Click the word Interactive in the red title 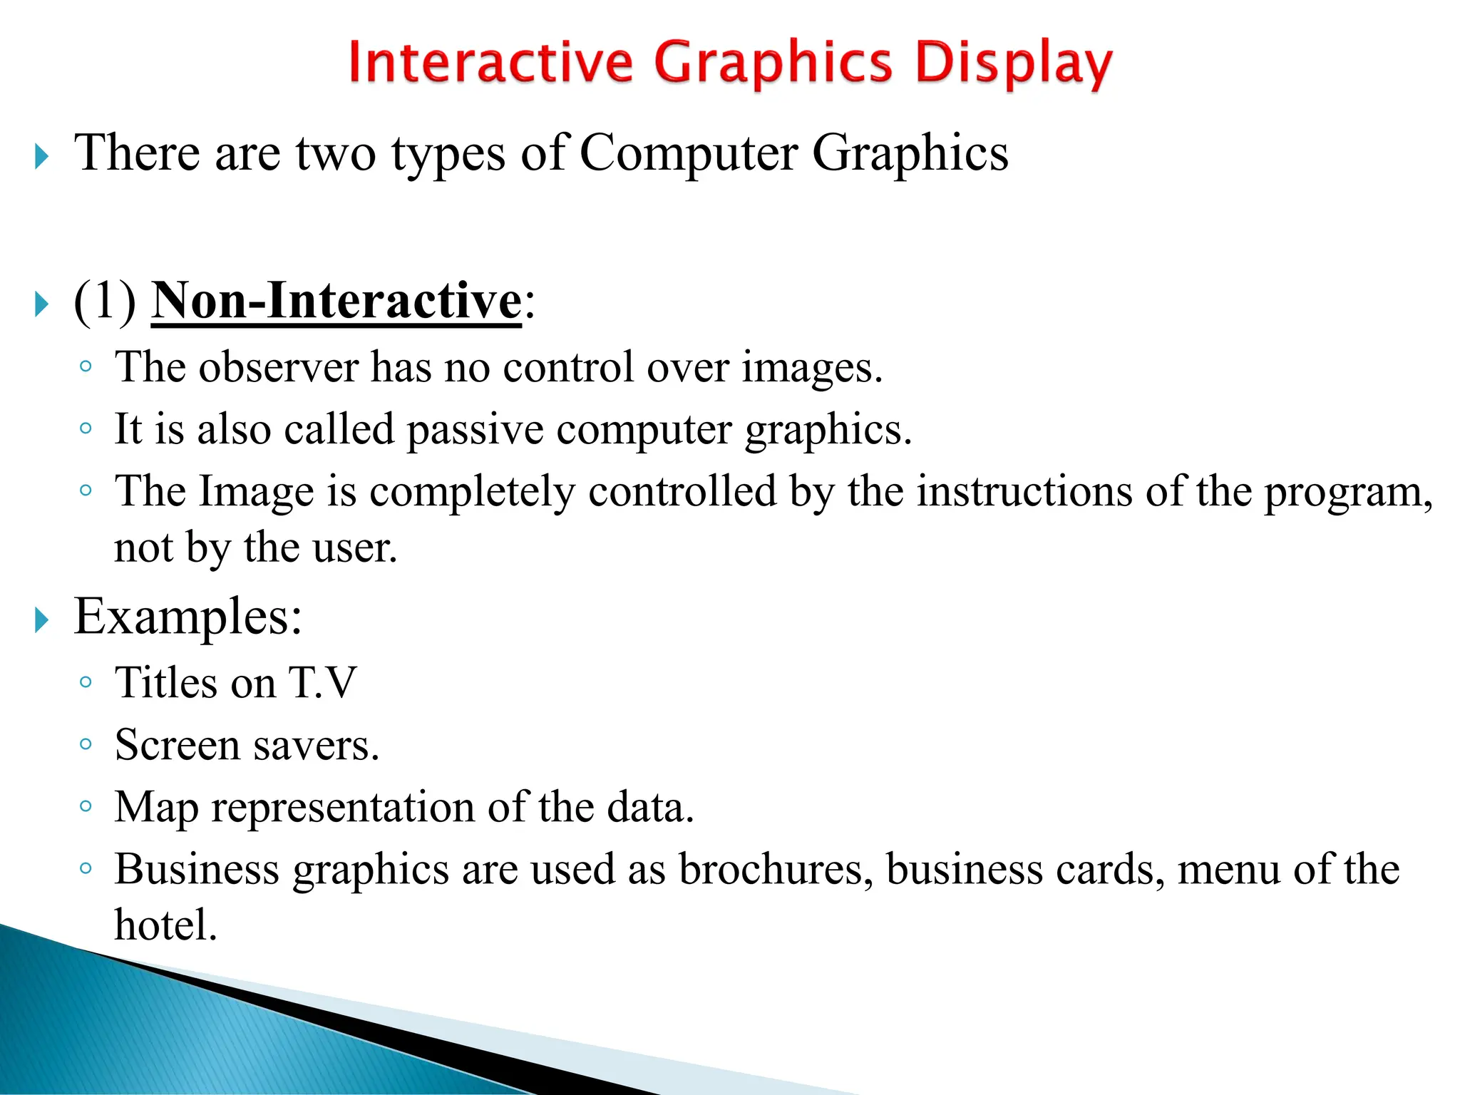pos(490,62)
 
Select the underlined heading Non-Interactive pos(336,302)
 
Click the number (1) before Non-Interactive pos(105,302)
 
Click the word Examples pos(187,617)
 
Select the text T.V pos(322,683)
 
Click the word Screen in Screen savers pos(178,746)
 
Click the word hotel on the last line pos(165,925)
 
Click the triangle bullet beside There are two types pos(42,157)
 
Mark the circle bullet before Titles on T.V pos(86,683)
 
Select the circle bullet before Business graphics pos(86,869)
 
